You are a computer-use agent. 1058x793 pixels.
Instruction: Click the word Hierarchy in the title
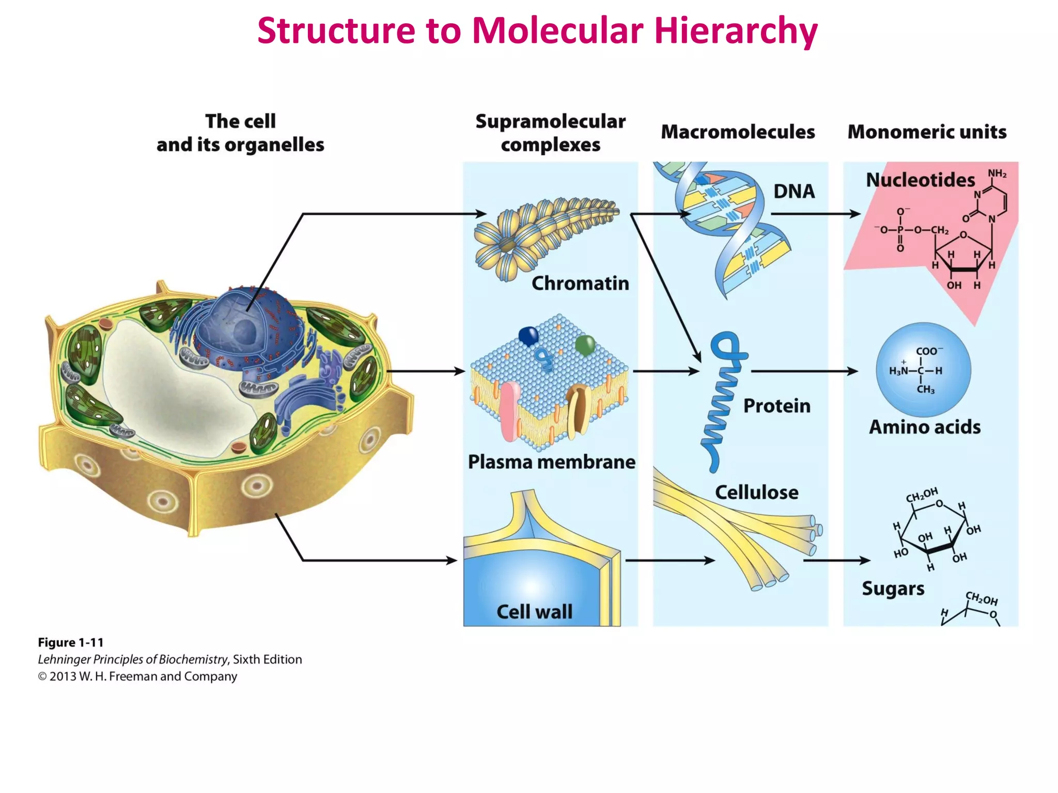(736, 31)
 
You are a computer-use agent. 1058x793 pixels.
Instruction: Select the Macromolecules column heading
(738, 132)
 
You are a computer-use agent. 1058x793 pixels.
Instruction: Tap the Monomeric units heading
(927, 132)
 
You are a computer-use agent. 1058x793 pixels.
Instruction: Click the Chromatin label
(580, 283)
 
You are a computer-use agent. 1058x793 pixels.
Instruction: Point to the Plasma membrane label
(551, 462)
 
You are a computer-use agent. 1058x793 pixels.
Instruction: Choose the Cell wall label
(534, 612)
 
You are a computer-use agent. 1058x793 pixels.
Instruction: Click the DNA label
(794, 192)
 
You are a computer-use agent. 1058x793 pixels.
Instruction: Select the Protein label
(776, 406)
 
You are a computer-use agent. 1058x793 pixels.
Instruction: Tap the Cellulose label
(756, 493)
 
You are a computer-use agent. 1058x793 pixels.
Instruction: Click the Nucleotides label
(920, 180)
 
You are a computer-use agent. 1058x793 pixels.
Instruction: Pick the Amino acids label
(924, 427)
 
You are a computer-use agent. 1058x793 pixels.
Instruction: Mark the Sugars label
(893, 589)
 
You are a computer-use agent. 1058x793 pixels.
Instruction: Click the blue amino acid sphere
(923, 370)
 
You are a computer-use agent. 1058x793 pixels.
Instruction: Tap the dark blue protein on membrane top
(528, 336)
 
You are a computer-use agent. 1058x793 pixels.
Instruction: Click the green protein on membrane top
(585, 344)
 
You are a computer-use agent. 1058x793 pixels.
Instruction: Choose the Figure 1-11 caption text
(71, 643)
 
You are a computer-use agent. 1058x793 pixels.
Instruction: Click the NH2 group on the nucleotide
(997, 173)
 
